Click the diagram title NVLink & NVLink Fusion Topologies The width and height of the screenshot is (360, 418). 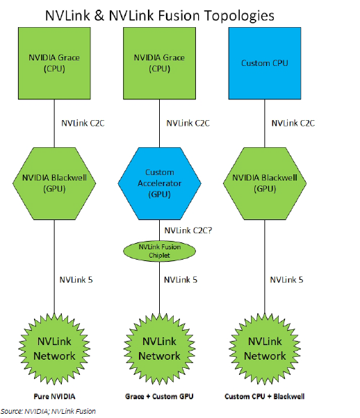159,15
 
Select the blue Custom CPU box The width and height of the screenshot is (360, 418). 264,63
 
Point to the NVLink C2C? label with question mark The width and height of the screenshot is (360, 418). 188,229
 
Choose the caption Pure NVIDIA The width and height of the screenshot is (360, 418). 54,396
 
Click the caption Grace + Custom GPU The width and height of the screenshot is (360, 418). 159,396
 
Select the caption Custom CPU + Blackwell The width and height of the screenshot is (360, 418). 264,396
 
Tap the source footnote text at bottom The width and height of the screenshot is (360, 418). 48,411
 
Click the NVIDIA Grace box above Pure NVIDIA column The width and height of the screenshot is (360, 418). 54,63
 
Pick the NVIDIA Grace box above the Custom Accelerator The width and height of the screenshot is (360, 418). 159,63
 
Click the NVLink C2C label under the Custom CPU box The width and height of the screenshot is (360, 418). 293,123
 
